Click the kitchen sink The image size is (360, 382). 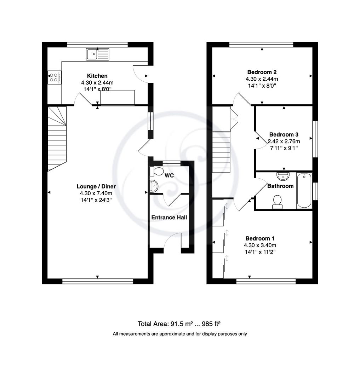click(x=98, y=54)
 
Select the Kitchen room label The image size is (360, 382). click(x=97, y=76)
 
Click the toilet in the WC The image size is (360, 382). click(x=156, y=171)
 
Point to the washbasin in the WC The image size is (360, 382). click(x=154, y=186)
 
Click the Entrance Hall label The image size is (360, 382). click(x=169, y=217)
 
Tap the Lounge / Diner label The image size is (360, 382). click(x=96, y=186)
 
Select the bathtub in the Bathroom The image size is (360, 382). click(x=304, y=191)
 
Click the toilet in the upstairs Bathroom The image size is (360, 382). click(x=278, y=202)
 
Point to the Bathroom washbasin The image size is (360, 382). click(x=283, y=176)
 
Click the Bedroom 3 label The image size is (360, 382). click(x=284, y=134)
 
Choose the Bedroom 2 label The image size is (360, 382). click(x=262, y=72)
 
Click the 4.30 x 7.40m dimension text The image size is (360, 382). click(x=96, y=193)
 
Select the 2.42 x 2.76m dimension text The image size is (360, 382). click(x=284, y=141)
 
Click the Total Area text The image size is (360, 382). click(x=179, y=324)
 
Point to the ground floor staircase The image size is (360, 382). click(x=57, y=139)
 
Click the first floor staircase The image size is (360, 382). click(x=221, y=152)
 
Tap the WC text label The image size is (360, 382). click(x=169, y=175)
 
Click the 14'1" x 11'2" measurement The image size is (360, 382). click(x=260, y=252)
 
